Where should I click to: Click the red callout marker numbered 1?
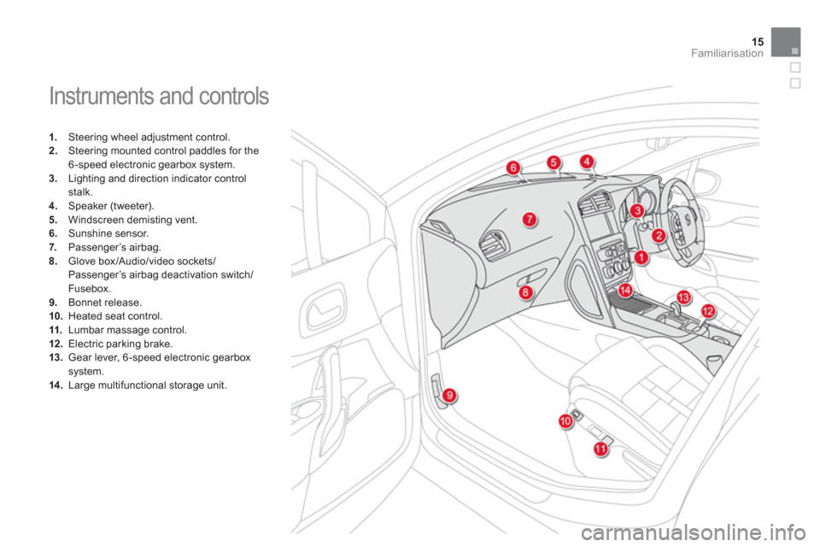641,256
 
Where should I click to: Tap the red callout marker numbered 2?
659,234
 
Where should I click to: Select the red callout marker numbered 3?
636,210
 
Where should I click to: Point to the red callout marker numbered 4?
588,161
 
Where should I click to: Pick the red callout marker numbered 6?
513,168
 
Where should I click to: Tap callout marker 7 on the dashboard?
530,220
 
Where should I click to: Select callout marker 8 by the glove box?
524,292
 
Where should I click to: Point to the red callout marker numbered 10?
565,421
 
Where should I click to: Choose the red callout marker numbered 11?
600,448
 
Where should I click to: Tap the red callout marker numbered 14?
626,291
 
